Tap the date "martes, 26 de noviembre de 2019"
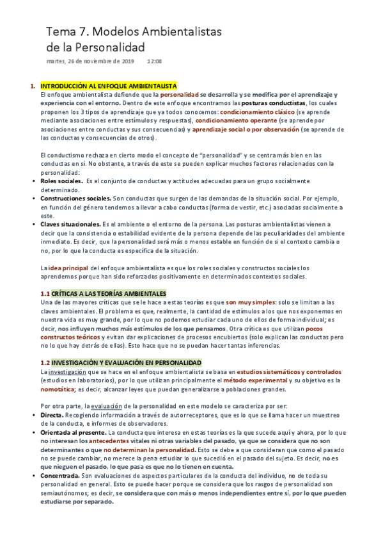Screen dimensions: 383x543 coord(90,61)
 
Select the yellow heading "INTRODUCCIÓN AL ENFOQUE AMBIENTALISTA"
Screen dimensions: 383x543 coord(109,86)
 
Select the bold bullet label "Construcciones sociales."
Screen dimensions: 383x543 coord(75,199)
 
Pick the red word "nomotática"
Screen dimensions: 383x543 coord(58,389)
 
